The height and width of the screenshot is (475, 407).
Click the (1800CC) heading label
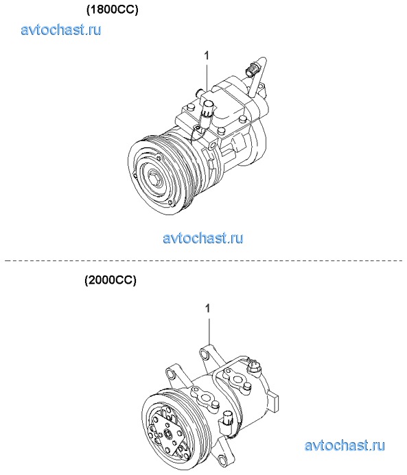click(x=112, y=10)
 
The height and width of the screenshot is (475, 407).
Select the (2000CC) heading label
click(x=111, y=280)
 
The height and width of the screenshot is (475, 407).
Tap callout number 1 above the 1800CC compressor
click(x=207, y=56)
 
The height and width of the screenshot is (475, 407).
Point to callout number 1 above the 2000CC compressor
click(x=207, y=308)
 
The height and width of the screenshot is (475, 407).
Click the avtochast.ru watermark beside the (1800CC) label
click(x=61, y=29)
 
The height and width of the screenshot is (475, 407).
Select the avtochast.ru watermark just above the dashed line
click(x=203, y=238)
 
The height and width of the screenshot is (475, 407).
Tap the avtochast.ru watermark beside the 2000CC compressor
click(x=345, y=446)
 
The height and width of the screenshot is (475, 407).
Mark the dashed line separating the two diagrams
click(x=203, y=260)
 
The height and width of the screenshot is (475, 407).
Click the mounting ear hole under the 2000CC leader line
click(x=203, y=354)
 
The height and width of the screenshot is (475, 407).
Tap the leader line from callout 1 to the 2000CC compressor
click(x=209, y=331)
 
